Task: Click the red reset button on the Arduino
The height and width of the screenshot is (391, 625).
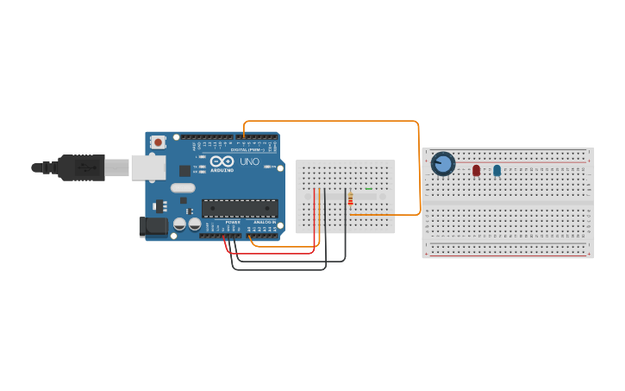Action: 158,142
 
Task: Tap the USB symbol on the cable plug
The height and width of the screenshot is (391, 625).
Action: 86,167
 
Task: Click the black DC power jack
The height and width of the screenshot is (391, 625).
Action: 153,226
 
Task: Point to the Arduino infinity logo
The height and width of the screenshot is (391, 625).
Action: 222,161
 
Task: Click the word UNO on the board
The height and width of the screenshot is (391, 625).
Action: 249,161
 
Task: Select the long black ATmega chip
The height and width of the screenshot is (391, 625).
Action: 240,208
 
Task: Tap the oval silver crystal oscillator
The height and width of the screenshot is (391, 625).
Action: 183,187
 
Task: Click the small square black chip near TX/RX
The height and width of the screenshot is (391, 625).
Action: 184,171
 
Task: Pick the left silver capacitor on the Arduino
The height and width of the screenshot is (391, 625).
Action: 180,224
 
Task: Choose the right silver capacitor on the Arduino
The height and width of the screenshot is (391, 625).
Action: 195,224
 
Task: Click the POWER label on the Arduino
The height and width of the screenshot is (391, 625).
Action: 233,223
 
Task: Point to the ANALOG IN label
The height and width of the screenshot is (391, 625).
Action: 265,223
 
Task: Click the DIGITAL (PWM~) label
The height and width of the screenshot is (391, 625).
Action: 248,149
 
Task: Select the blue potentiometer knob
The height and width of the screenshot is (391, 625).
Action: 443,163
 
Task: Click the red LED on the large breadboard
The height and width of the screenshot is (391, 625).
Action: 476,170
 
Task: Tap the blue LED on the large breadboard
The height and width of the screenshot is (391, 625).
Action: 497,170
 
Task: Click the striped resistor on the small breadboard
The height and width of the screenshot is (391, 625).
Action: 350,200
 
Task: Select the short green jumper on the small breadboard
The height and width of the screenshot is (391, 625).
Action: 369,188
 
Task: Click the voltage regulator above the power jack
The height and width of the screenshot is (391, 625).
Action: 159,205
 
